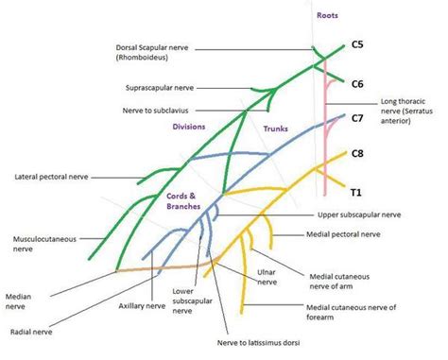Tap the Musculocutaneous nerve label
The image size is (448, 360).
pos(39,244)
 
